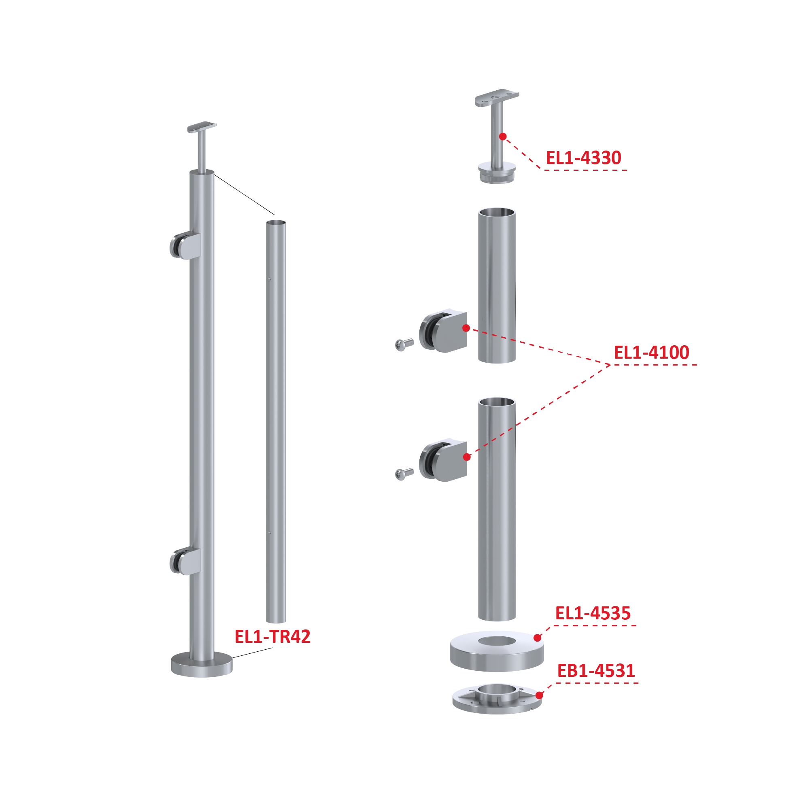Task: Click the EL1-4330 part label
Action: point(583,158)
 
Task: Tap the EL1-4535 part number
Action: point(593,613)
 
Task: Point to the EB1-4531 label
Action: point(596,671)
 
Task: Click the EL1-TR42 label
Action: point(272,636)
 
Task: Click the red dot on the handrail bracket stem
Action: point(503,137)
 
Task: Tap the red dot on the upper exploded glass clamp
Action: point(466,328)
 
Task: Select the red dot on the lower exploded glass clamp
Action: point(467,457)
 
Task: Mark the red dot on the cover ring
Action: point(537,638)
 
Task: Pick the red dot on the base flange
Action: point(539,695)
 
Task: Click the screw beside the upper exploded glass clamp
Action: point(404,344)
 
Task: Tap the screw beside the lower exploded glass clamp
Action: point(404,473)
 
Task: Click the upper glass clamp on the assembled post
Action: point(185,246)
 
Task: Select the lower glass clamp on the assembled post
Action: point(185,561)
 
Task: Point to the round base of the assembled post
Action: point(202,665)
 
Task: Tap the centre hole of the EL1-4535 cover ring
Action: point(497,641)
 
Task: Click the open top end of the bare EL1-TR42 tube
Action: point(276,223)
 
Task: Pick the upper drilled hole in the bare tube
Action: point(270,279)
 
